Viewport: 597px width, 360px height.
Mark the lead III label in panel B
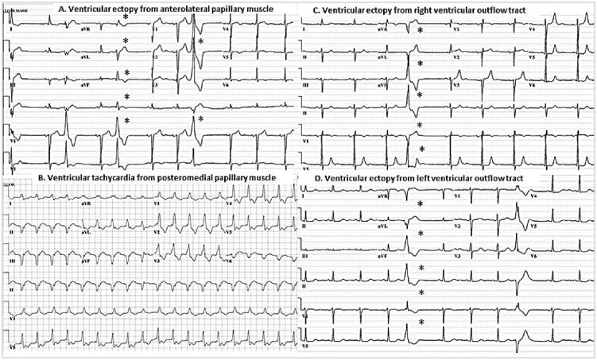pos(14,260)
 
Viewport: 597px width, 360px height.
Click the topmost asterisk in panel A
pos(126,17)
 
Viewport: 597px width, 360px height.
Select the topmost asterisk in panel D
pos(419,204)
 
